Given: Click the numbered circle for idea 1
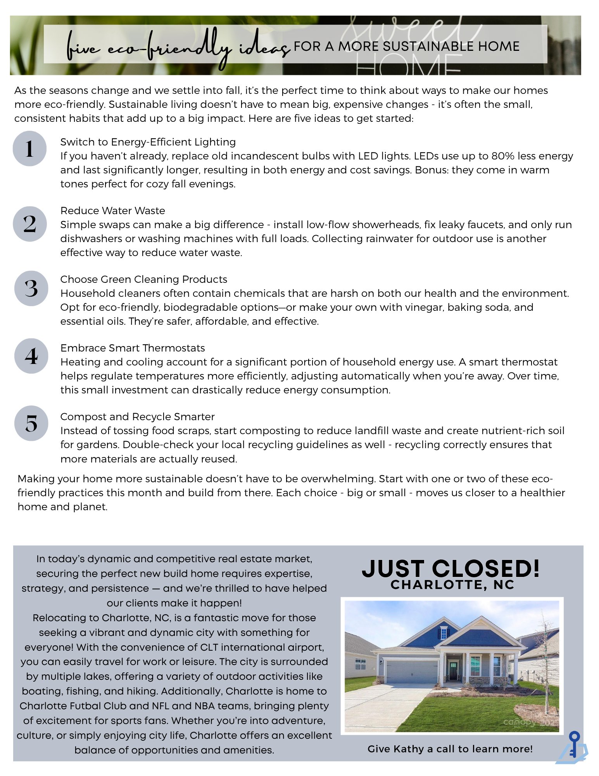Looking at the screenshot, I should tap(29, 149).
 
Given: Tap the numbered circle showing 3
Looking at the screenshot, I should tap(31, 288).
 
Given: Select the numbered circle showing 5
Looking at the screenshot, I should tap(31, 423).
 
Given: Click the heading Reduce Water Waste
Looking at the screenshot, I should tap(112, 211).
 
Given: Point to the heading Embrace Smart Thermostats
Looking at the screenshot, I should tap(133, 348).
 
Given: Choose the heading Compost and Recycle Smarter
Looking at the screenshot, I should tap(137, 417).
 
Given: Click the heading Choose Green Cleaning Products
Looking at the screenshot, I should tap(143, 279).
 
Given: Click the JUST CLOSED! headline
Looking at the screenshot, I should tap(451, 568).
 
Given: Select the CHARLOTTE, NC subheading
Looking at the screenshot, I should tap(452, 585).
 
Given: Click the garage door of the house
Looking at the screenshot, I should tap(412, 672).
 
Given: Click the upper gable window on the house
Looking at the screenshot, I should tap(444, 634).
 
